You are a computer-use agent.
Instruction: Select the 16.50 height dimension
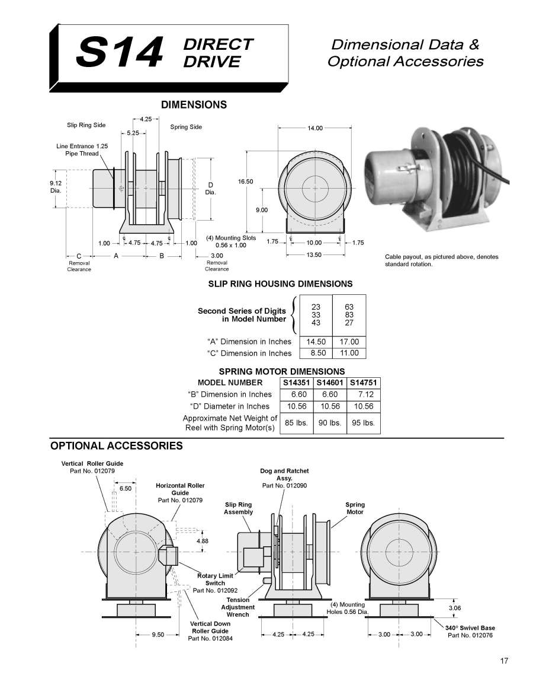pos(245,181)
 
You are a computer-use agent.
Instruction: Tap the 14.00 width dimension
pos(315,128)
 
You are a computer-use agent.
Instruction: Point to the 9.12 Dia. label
pos(56,187)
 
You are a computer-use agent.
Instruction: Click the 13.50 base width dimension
pos(313,255)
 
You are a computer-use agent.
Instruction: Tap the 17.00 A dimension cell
pos(349,342)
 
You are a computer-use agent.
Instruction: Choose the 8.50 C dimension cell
pos(316,353)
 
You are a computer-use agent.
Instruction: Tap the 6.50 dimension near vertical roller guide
pos(126,489)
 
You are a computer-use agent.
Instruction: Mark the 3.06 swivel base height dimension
pos(455,608)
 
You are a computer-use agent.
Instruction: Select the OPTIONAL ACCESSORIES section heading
pos(116,446)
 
